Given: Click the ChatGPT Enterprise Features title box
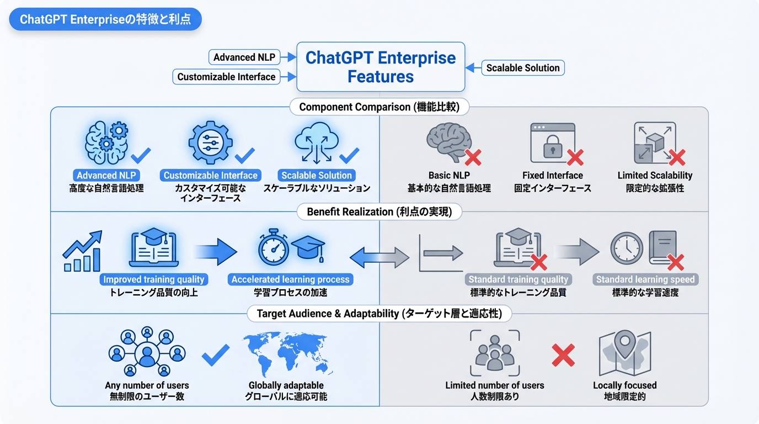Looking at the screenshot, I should (381, 67).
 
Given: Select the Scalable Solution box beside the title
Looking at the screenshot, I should (522, 68).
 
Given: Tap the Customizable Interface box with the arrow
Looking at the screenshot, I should (226, 77).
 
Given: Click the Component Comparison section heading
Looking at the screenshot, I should (379, 107).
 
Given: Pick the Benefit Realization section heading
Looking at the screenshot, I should (379, 211).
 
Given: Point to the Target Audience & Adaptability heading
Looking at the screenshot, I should (379, 314).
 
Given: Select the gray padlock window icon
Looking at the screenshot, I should (552, 142).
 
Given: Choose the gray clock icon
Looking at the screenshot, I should (627, 248).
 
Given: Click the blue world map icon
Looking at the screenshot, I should (287, 353).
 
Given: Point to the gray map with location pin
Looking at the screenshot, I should (624, 353).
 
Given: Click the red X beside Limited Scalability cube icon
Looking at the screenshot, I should (676, 157).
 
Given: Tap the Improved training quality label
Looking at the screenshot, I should (154, 279).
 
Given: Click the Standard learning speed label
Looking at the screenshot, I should (645, 279).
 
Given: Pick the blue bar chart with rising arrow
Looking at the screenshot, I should (83, 252).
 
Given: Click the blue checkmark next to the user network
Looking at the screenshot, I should (216, 354).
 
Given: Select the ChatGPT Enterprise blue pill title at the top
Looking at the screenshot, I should (105, 20).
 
